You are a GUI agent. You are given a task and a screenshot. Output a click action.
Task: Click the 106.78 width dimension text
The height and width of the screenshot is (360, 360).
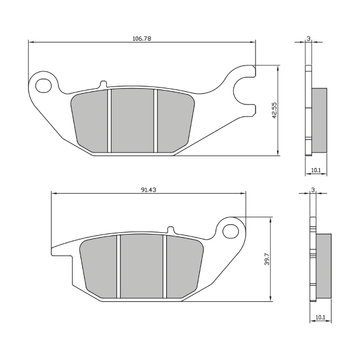141,38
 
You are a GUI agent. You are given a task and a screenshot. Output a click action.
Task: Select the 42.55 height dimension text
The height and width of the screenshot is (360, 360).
274,110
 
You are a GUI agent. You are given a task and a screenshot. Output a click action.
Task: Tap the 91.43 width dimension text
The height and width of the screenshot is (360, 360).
149,189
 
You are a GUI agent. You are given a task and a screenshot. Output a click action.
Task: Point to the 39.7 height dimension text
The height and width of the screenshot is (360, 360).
266,259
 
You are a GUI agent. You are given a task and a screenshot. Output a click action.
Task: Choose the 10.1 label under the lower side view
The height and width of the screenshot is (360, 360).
320,317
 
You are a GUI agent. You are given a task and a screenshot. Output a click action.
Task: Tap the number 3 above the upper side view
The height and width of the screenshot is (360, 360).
308,38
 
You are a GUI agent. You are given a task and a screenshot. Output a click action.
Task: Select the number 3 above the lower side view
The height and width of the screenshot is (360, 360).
312,190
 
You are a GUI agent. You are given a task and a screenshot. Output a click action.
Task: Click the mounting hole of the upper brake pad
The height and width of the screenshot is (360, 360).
43,85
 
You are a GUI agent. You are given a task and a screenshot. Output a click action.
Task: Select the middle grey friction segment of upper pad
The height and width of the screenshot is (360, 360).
132,120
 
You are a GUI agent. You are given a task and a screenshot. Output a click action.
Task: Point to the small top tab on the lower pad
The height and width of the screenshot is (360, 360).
170,229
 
